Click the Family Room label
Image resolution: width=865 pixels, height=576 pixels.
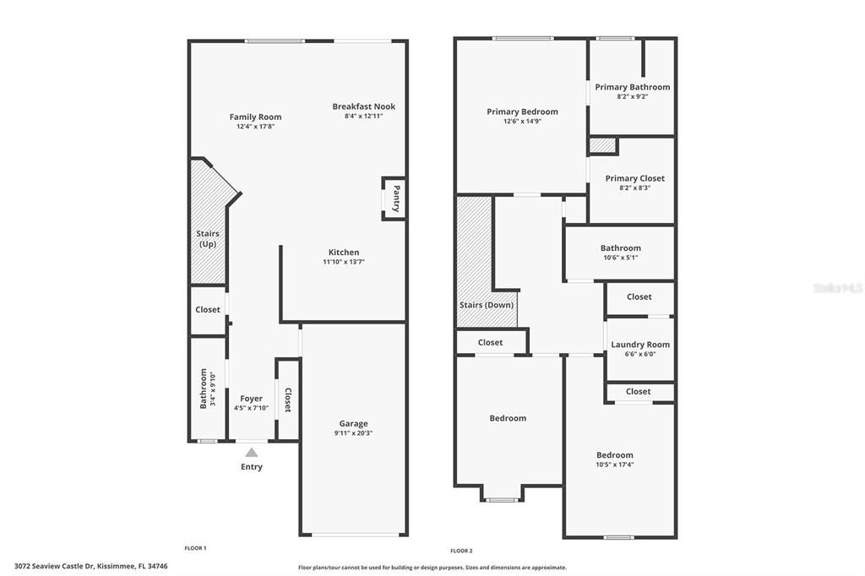pos(255,117)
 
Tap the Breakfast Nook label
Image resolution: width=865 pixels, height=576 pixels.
pos(363,106)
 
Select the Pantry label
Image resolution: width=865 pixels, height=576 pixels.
pos(395,198)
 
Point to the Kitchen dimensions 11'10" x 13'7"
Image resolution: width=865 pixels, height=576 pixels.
pos(343,263)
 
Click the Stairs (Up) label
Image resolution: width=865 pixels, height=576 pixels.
pos(208,239)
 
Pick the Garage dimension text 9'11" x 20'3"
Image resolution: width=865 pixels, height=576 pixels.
pos(353,433)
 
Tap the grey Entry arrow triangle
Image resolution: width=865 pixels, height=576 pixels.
pos(252,453)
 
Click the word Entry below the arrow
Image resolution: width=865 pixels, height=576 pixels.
pos(252,467)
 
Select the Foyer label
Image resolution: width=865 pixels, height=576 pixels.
pos(251,399)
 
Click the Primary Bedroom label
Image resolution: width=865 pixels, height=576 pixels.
pos(522,111)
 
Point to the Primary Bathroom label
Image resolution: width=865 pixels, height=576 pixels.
pos(632,87)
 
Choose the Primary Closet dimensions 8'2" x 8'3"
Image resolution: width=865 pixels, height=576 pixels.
pos(634,188)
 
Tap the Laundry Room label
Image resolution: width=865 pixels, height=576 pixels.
pos(639,345)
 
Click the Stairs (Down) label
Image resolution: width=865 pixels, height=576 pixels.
pos(487,305)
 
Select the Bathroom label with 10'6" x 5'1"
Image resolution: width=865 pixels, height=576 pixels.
pos(620,248)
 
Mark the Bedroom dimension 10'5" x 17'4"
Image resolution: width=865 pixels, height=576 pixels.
pos(614,465)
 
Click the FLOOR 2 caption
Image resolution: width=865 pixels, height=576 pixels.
pos(460,551)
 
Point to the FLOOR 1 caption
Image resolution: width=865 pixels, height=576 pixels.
pos(195,548)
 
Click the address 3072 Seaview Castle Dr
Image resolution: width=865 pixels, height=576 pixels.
pos(54,566)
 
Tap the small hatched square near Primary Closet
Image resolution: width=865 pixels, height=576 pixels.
pos(602,145)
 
